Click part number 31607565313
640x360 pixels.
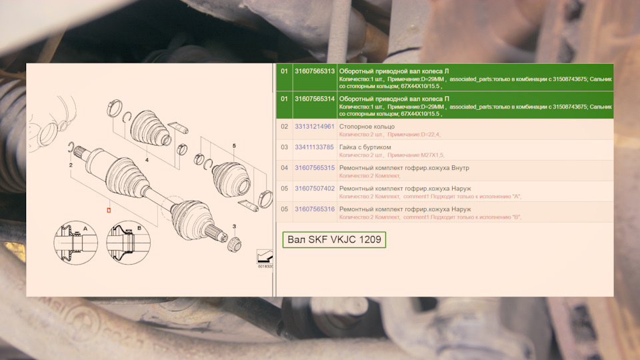pos(315,71)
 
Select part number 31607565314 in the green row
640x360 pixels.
pos(315,99)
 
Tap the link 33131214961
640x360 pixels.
pos(315,127)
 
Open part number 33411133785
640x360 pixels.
pos(314,147)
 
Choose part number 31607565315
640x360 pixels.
pos(315,168)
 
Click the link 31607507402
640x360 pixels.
pos(315,189)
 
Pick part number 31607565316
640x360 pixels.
pos(315,209)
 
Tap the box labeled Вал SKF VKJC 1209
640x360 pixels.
pos(334,239)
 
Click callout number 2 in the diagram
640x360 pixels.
pos(71,165)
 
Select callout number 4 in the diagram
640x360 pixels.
pos(147,160)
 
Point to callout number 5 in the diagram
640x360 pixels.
pos(234,146)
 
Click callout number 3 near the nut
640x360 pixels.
pos(234,227)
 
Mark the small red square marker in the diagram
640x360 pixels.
pos(109,210)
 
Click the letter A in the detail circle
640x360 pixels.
pos(85,229)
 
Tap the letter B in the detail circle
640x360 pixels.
pos(139,228)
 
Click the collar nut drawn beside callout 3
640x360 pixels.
pos(234,244)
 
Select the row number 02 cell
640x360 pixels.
pos(285,127)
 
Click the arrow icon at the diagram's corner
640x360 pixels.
pos(265,257)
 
